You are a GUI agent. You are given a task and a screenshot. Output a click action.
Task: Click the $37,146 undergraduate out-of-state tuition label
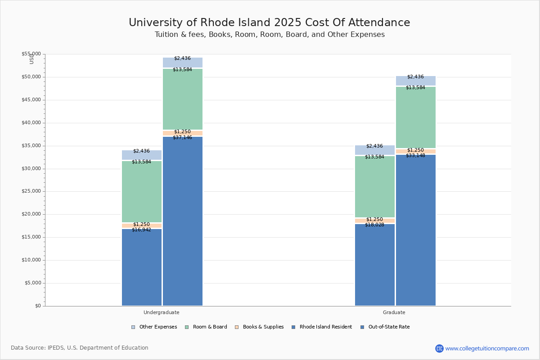tap(182, 138)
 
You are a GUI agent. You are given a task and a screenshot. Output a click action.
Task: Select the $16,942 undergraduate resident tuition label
tap(141, 230)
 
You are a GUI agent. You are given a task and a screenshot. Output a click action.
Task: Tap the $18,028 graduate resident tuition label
tap(374, 225)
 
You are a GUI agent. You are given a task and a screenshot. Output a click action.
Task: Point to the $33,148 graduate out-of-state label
tap(415, 156)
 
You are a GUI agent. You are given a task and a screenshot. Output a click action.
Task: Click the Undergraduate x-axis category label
tap(161, 312)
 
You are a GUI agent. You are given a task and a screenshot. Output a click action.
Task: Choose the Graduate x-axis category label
tap(394, 312)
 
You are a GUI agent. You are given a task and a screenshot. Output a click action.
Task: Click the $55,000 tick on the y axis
tap(31, 54)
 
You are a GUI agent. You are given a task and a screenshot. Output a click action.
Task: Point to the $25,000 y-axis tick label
tap(31, 191)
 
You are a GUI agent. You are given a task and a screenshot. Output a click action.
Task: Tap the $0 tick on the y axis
tap(37, 306)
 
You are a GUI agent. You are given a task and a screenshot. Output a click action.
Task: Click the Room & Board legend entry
tap(210, 327)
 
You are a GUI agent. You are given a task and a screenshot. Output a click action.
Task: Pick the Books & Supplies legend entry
tap(263, 327)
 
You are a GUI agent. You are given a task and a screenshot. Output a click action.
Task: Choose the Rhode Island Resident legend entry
tap(325, 327)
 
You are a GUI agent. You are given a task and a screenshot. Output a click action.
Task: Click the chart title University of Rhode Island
tap(269, 23)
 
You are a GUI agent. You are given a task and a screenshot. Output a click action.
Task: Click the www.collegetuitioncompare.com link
tap(487, 348)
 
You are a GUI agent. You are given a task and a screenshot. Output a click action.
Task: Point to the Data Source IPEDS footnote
tap(80, 348)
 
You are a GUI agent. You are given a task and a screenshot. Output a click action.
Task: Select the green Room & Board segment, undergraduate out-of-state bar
tap(182, 99)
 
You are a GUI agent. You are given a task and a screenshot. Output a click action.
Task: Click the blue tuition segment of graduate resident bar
tap(374, 265)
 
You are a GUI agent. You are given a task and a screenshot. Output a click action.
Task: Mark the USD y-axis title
tap(31, 58)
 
